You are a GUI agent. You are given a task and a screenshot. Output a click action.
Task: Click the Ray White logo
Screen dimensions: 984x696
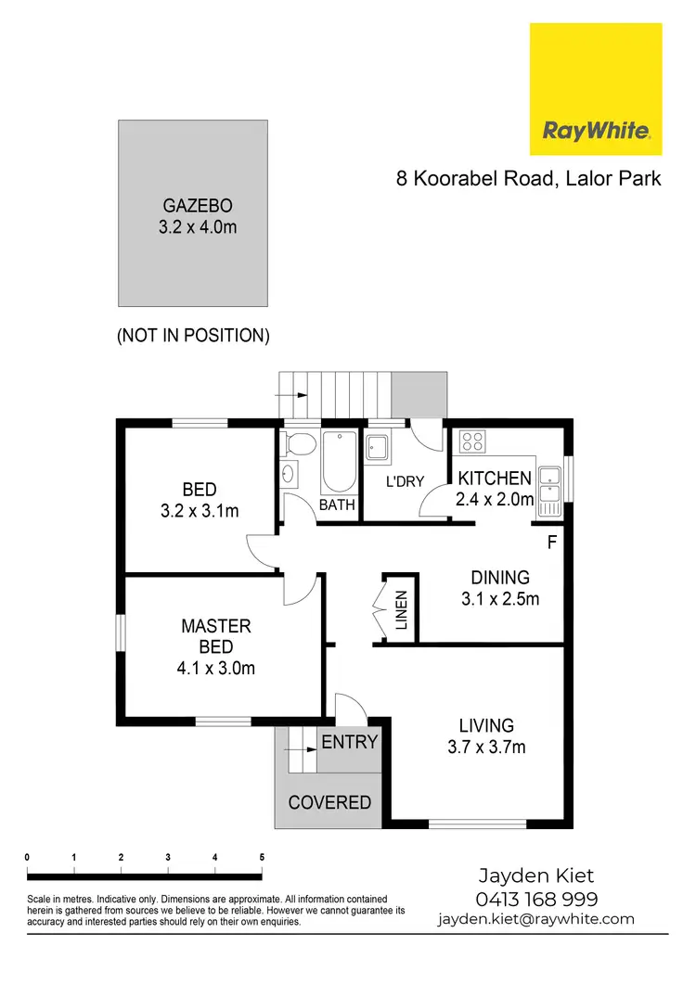tap(595, 89)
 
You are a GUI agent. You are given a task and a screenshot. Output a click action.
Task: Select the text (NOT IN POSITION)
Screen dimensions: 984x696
tap(193, 336)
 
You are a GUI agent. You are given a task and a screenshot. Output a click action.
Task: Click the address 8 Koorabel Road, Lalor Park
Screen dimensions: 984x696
tap(529, 178)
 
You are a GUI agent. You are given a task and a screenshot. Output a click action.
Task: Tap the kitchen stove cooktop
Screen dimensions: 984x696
tap(471, 442)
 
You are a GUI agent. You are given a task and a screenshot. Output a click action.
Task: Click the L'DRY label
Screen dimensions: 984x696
tap(405, 481)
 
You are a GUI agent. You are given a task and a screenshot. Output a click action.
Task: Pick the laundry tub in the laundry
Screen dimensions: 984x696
tap(379, 448)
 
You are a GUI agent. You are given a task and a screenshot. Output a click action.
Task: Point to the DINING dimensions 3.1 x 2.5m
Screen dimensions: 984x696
tap(500, 599)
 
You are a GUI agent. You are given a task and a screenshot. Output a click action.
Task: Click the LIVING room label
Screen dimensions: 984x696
tap(486, 725)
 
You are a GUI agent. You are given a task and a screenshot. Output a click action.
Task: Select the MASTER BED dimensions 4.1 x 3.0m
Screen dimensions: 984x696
tap(216, 668)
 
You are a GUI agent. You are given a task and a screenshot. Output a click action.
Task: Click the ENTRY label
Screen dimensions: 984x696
tap(350, 742)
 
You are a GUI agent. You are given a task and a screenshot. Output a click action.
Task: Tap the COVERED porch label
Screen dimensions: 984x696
tap(329, 803)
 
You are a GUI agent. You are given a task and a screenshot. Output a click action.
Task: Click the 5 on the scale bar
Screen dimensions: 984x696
tap(262, 857)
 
